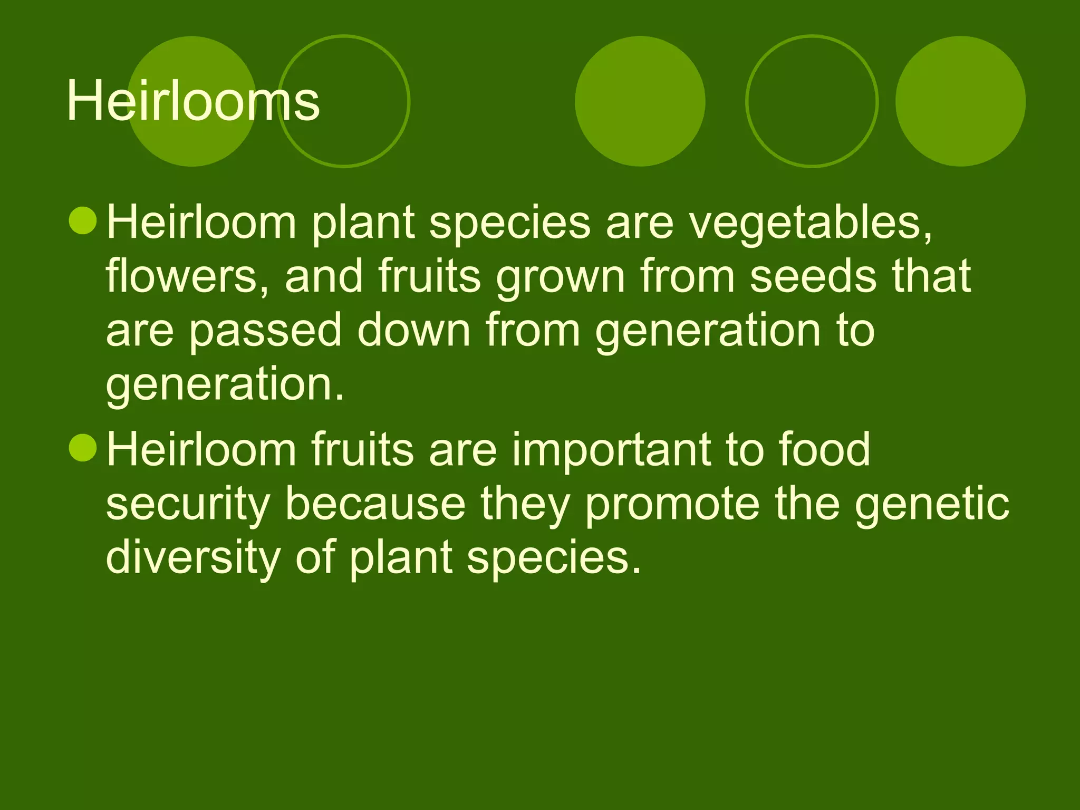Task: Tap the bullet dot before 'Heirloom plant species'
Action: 83,221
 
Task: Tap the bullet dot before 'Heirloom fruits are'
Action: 83,448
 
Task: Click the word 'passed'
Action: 265,331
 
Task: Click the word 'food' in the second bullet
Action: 824,449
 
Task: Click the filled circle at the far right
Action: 960,101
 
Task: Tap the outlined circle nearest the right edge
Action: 812,101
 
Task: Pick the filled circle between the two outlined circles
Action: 640,101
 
